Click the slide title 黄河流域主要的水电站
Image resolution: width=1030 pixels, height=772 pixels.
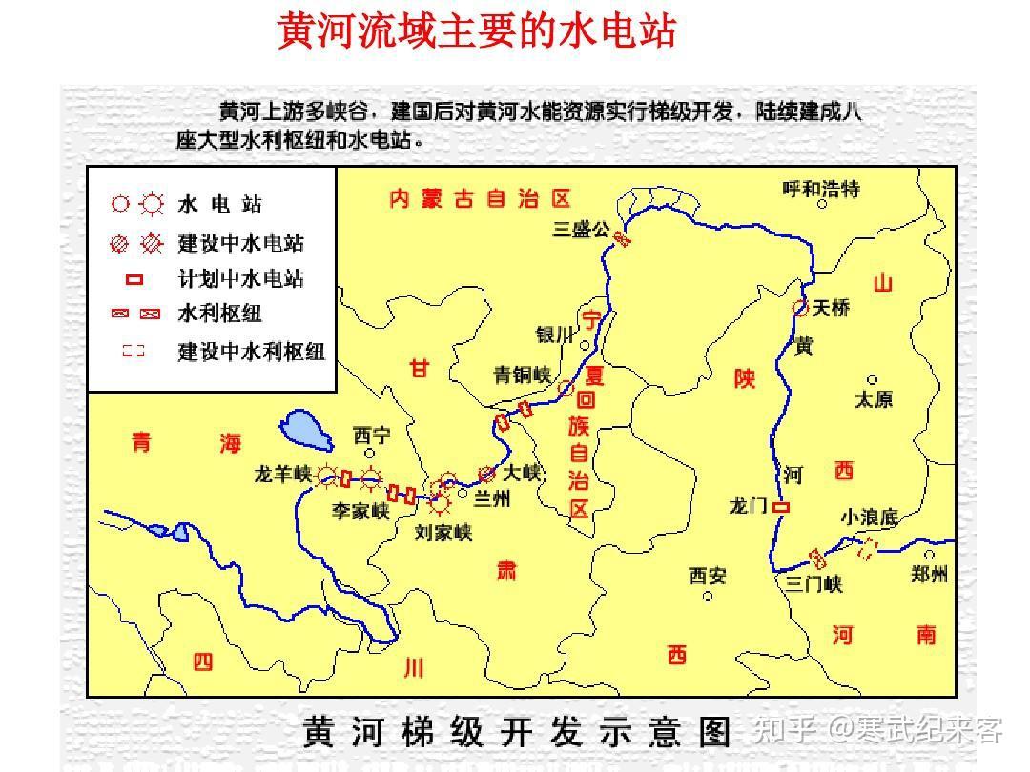coord(476,31)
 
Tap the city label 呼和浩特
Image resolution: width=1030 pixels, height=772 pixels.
coord(820,189)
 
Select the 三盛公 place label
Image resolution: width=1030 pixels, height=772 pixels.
coord(580,229)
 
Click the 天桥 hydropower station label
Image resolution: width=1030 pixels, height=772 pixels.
coord(832,308)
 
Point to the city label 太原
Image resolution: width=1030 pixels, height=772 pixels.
coord(873,399)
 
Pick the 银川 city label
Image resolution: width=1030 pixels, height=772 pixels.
coord(554,335)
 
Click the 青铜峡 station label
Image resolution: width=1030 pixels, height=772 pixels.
coord(522,375)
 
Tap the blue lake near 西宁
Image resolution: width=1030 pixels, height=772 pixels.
coord(307,432)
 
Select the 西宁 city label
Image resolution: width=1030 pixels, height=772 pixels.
coord(371,436)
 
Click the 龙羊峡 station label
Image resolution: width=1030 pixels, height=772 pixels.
coord(283,474)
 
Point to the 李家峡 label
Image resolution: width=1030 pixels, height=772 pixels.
coord(360,512)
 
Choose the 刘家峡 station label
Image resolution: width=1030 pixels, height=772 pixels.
coord(443,533)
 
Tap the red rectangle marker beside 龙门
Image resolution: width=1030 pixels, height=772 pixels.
coord(781,508)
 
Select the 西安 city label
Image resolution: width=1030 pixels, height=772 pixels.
coord(708,576)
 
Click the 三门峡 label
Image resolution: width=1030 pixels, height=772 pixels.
coord(814,583)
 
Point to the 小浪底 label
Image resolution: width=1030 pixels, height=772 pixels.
coord(869,518)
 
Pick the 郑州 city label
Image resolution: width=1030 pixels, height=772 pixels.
coord(929,574)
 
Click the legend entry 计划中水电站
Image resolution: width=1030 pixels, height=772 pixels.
coord(240,279)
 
